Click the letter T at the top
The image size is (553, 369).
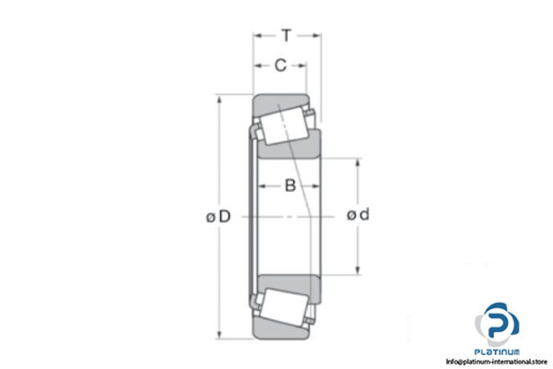click(x=287, y=36)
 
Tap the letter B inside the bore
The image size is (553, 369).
click(x=289, y=186)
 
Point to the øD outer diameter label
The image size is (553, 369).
click(x=218, y=217)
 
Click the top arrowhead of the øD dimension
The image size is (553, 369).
click(x=219, y=99)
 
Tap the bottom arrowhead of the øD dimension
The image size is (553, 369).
click(x=219, y=334)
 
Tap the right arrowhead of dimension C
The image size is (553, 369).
click(x=304, y=65)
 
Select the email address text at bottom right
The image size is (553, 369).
click(x=497, y=361)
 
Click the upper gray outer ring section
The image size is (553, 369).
click(x=277, y=102)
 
